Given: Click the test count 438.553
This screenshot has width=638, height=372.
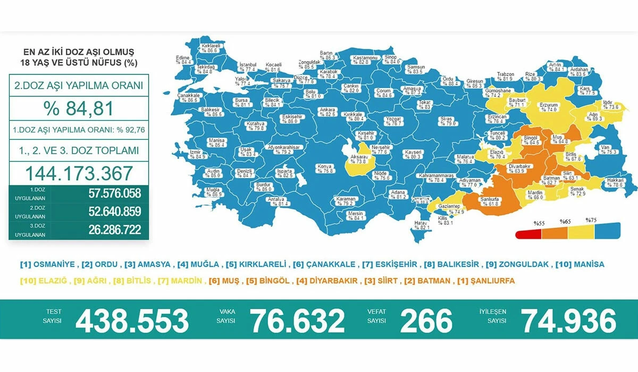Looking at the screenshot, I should pos(132,321).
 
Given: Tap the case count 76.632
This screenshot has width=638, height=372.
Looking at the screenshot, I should pos(297,321).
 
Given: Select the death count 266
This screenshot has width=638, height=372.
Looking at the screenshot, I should pos(426,321).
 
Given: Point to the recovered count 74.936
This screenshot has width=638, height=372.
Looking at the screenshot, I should pos(568,321).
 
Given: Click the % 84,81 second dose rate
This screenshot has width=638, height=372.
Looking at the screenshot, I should pos(79,108).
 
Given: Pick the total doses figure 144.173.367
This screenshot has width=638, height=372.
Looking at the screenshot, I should pos(79,173).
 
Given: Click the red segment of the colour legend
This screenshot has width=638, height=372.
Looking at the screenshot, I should pos(528,235).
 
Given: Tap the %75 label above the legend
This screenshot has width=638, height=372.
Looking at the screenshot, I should pos(591,221).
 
